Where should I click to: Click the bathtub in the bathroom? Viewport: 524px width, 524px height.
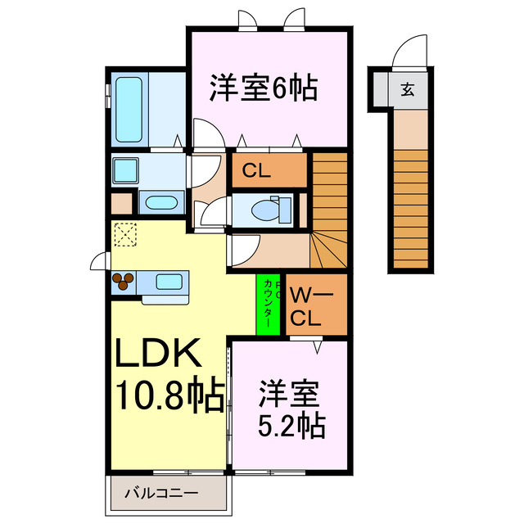[x=129, y=110]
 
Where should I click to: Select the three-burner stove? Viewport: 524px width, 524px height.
[x=123, y=282]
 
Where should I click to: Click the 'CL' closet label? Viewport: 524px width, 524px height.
[x=256, y=172]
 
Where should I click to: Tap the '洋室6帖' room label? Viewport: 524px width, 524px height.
[x=264, y=88]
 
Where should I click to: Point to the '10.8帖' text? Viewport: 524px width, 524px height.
[x=169, y=398]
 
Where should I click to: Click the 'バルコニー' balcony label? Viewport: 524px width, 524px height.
[x=160, y=494]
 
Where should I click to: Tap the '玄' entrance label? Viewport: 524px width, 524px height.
[x=407, y=89]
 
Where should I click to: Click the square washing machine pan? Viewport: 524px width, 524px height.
[x=126, y=171]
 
